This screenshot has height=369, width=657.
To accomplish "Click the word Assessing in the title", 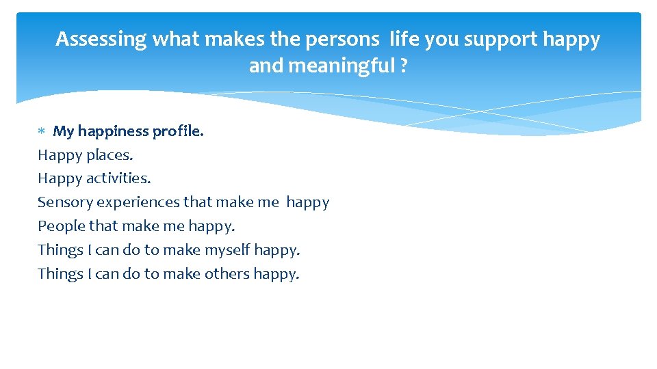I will pos(101,40).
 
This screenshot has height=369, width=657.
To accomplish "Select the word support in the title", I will pos(501,40).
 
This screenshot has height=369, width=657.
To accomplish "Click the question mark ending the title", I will pos(404,66).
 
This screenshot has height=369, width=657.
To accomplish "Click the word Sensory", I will pos(65,202).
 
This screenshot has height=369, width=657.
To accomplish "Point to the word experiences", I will pos(139,202).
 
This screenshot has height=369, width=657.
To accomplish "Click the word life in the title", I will pos(404,40).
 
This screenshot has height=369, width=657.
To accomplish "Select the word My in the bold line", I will pos(63,131).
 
